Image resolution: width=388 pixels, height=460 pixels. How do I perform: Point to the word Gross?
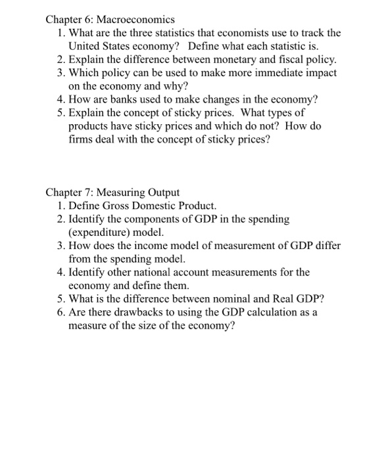pos(117,206)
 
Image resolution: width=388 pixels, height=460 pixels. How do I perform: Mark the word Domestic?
pos(160,206)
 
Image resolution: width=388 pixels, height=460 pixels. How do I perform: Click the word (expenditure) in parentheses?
pos(99,233)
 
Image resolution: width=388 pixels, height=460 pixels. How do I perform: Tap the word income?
pos(146,246)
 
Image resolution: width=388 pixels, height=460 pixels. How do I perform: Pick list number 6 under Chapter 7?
pos(60,312)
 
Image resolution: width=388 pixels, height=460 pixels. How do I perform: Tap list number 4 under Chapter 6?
pos(60,99)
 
